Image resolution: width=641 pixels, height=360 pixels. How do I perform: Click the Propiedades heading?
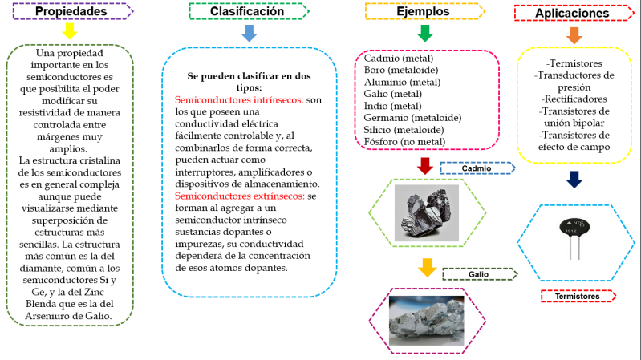[x=71, y=12]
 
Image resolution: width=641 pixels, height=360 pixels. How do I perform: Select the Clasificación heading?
[x=246, y=12]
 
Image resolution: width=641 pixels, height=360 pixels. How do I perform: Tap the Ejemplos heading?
[x=423, y=12]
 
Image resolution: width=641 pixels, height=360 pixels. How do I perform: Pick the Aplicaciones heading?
[x=571, y=13]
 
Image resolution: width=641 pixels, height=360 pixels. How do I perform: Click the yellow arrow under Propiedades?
[x=70, y=31]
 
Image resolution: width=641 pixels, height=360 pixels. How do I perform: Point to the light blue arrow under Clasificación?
[x=249, y=33]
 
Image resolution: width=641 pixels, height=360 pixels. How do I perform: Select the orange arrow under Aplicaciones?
[x=574, y=34]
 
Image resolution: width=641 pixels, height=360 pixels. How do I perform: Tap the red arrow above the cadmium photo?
[x=425, y=165]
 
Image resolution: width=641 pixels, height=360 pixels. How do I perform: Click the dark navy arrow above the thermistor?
[x=574, y=179]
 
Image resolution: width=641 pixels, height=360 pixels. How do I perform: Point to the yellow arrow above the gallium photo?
[x=427, y=268]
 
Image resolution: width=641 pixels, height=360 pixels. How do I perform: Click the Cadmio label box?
[x=475, y=168]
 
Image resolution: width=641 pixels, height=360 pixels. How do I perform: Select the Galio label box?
[x=478, y=274]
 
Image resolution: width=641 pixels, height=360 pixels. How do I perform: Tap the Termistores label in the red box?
[x=576, y=297]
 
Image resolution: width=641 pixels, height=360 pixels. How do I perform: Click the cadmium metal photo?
[x=426, y=212]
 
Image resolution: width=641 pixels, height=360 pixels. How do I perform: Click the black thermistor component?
[x=571, y=229]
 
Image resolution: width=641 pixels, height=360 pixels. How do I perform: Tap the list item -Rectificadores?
[x=574, y=98]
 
